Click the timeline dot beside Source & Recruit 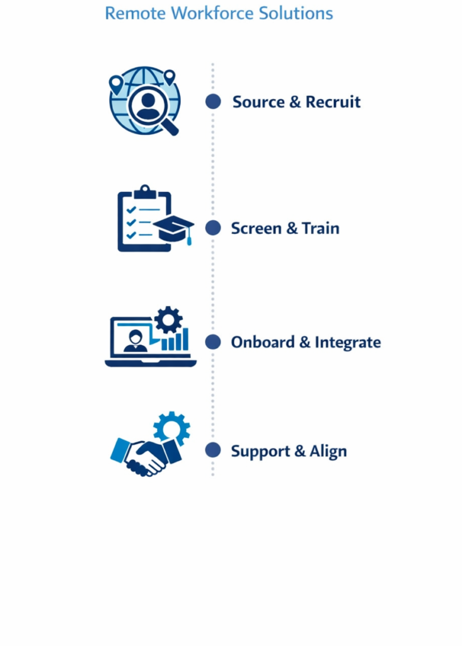click(x=213, y=102)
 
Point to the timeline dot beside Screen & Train click(x=213, y=228)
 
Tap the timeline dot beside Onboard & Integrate click(x=213, y=342)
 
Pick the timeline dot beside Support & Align click(x=213, y=450)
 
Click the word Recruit click(x=333, y=102)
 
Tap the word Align click(x=328, y=452)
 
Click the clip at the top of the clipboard click(x=145, y=190)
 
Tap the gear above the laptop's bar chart click(x=168, y=320)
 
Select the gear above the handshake click(x=171, y=428)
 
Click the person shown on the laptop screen click(x=135, y=339)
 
